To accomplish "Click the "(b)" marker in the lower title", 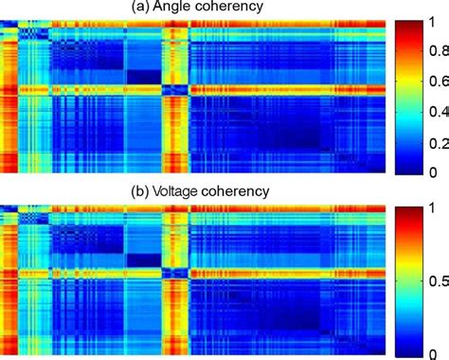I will coord(144,190).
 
